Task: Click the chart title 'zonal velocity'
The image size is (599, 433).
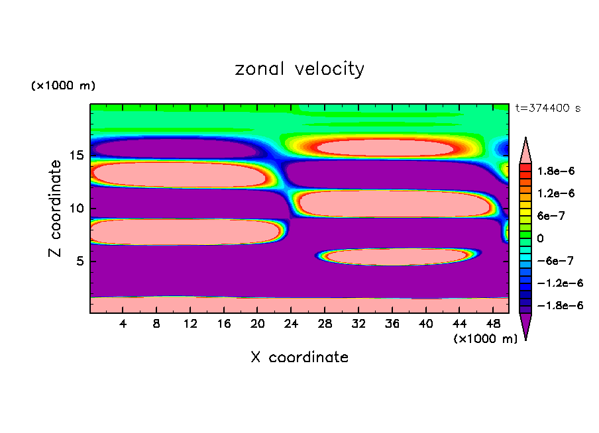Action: (x=299, y=69)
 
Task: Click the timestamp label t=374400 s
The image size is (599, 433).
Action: (x=547, y=109)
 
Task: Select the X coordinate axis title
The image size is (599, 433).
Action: (x=299, y=358)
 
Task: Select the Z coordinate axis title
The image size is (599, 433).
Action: (x=56, y=209)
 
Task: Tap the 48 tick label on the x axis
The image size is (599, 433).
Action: (x=493, y=324)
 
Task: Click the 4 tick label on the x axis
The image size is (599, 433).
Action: (x=123, y=324)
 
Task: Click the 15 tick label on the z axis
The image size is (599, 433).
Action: (x=76, y=156)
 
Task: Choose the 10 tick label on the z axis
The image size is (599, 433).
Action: (x=76, y=209)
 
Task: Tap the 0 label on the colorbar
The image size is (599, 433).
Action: (x=540, y=238)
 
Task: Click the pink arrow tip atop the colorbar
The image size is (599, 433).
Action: (x=525, y=148)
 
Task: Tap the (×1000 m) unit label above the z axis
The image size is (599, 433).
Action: (x=63, y=86)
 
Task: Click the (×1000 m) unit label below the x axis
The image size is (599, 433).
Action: (x=486, y=339)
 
